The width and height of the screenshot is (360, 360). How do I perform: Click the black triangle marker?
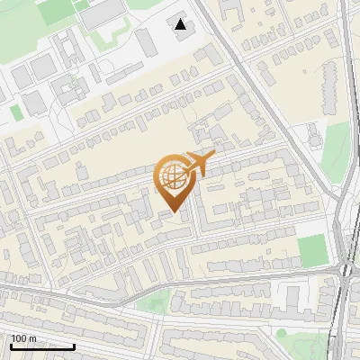tap(181, 24)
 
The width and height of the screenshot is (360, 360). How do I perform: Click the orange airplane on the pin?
tap(200, 163)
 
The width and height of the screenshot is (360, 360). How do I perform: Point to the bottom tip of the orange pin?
tap(175, 212)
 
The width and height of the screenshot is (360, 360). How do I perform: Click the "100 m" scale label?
tap(23, 338)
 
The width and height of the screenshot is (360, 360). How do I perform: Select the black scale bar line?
tap(42, 346)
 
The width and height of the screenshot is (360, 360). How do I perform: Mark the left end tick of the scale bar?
tap(11, 345)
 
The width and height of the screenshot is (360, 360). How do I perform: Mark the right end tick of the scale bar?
tap(74, 345)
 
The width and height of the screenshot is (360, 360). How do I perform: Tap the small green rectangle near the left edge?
tap(15, 112)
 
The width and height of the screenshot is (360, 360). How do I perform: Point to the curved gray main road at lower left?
tap(54, 292)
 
